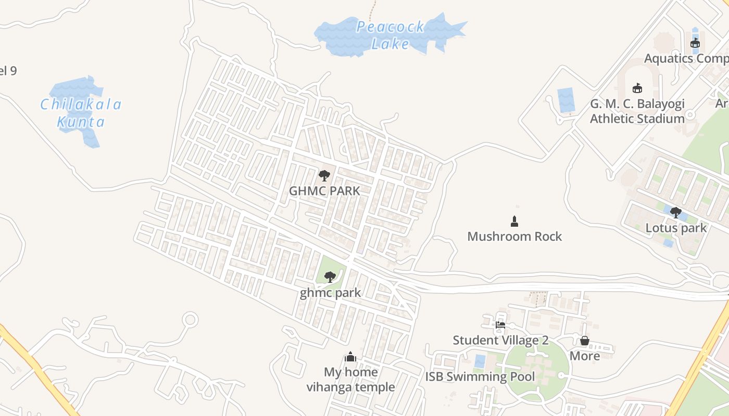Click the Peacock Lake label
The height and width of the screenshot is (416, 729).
391,35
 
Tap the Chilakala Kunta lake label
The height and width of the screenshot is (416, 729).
81,113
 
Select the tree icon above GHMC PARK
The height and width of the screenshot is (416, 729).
324,176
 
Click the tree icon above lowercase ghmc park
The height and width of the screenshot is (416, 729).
330,277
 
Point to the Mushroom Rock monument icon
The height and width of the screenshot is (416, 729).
514,222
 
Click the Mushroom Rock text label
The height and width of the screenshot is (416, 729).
514,237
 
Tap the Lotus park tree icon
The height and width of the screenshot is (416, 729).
676,212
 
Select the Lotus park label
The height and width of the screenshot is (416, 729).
676,228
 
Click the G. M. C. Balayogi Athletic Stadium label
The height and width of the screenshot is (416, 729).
637,111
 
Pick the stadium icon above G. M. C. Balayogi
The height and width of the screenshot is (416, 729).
637,88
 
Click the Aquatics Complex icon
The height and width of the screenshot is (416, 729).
695,43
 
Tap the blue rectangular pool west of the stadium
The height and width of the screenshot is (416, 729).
566,100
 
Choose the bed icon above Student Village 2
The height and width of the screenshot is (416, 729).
500,325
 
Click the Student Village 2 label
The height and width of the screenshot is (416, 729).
500,341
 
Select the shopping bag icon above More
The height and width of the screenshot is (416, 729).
585,341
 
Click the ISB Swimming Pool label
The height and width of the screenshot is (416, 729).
480,376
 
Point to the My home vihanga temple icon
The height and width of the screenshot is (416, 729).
350,357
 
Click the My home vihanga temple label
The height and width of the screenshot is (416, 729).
350,380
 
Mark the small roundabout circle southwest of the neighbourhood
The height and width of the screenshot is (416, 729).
191,319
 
